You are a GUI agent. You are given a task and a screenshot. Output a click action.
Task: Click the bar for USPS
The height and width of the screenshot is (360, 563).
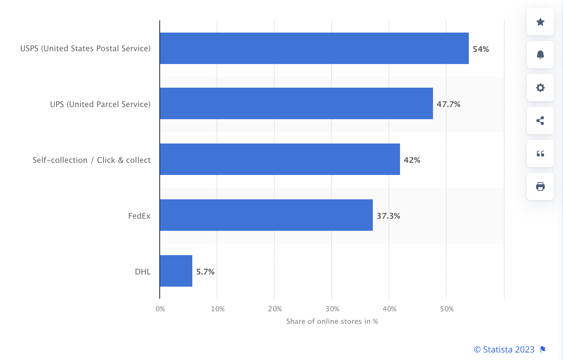click(x=314, y=48)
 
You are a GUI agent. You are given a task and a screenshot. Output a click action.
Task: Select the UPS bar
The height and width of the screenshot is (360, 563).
click(x=296, y=103)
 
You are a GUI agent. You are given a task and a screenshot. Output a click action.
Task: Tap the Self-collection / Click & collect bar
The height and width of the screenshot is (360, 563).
click(x=280, y=159)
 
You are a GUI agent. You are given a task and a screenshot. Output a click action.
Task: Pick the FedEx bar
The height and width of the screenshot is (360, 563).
click(x=266, y=215)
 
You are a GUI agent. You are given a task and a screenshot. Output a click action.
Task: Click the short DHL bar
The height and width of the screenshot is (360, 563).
click(x=176, y=271)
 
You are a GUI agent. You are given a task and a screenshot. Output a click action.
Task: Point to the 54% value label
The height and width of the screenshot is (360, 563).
click(x=481, y=49)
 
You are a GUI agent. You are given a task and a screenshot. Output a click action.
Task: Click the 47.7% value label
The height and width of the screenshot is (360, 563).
click(x=448, y=104)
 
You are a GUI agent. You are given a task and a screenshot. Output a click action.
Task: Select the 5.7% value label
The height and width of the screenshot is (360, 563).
click(x=205, y=272)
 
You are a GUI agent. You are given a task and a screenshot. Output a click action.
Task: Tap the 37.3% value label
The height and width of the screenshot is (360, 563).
click(x=388, y=216)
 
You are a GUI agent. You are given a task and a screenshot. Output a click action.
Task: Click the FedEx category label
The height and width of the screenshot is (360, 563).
click(x=139, y=216)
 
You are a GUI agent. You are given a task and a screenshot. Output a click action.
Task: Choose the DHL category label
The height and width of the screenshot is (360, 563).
click(x=143, y=272)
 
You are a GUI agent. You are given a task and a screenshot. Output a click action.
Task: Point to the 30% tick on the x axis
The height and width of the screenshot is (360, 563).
click(x=332, y=309)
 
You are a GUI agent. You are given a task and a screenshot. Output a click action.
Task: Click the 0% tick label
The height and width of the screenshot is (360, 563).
click(x=160, y=309)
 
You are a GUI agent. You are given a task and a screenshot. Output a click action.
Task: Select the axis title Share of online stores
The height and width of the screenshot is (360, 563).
click(x=332, y=321)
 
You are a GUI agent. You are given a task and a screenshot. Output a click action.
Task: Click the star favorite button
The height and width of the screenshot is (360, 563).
click(x=540, y=22)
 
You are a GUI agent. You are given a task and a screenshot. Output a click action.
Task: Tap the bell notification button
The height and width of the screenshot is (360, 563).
click(x=540, y=55)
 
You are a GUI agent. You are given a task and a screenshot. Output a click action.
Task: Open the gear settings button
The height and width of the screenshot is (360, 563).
click(x=540, y=88)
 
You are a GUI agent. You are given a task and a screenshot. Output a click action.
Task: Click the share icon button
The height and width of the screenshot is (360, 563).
click(x=540, y=121)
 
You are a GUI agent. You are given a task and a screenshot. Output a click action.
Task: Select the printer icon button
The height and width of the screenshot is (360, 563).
click(x=540, y=186)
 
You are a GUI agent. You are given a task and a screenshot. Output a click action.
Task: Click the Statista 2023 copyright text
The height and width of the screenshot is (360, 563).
click(x=504, y=349)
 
